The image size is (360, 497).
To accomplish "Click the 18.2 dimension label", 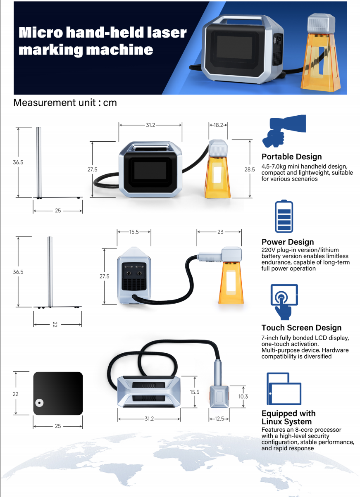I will tap(219, 125).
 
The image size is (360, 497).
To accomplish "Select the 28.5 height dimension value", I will tap(250, 169).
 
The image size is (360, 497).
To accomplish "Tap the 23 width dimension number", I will tap(220, 232).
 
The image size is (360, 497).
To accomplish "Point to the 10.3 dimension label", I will tap(243, 397).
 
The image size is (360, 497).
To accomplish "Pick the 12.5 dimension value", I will tap(219, 419).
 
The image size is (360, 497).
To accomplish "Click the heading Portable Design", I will tap(291, 157).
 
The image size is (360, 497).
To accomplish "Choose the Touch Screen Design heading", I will tap(301, 328).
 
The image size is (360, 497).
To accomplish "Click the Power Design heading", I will tap(288, 242).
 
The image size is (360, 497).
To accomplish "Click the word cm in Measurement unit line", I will tap(110, 102).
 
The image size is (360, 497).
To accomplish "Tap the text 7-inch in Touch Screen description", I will tap(271, 338).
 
